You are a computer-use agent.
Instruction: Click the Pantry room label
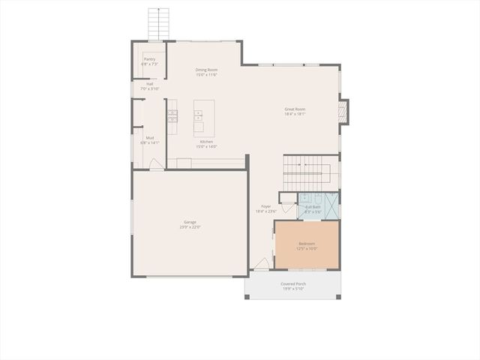[x=150, y=58]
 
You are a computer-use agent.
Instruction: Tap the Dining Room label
[x=206, y=70]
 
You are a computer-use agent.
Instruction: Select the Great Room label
[x=295, y=109]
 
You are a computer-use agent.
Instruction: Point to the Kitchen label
[x=206, y=142]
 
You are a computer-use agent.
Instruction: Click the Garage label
[x=190, y=222]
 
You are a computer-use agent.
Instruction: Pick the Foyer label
[x=265, y=206]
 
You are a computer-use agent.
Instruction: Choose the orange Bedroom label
[x=307, y=243]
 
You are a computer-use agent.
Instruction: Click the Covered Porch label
[x=293, y=283]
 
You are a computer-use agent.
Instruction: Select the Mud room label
[x=150, y=138]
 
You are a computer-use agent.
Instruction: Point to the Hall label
[x=150, y=84]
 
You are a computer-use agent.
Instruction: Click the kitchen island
[x=204, y=118]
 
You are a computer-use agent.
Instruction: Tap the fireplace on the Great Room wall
[x=343, y=111]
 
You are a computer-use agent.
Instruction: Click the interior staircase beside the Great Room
[x=310, y=172]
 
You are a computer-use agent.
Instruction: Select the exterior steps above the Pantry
[x=157, y=25]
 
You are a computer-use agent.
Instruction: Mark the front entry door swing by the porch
[x=260, y=263]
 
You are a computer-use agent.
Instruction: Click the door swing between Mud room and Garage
[x=156, y=164]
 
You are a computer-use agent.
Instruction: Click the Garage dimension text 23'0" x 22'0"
[x=190, y=227]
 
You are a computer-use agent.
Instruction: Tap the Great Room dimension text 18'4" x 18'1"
[x=295, y=114]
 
